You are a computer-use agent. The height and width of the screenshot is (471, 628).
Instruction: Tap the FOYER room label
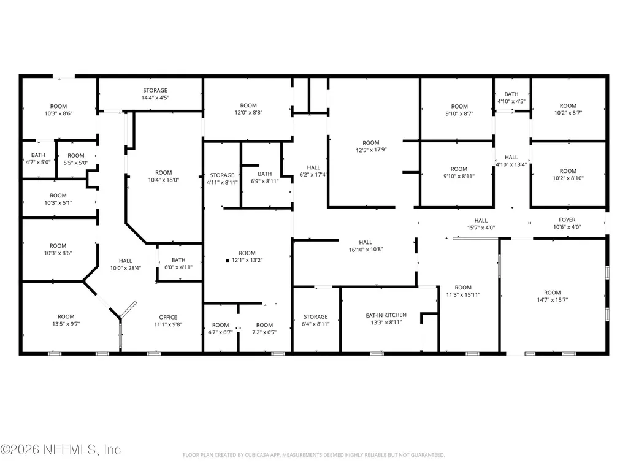pyautogui.click(x=567, y=220)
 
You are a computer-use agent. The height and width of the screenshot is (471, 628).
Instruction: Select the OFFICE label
pyautogui.click(x=168, y=317)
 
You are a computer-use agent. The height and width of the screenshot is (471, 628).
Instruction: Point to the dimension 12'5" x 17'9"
pyautogui.click(x=371, y=150)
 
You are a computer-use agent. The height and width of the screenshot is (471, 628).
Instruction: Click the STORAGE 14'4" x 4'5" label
pyautogui.click(x=155, y=94)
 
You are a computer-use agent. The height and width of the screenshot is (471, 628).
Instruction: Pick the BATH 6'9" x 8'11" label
pyautogui.click(x=265, y=177)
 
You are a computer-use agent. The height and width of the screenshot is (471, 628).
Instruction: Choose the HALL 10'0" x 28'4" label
pyautogui.click(x=125, y=264)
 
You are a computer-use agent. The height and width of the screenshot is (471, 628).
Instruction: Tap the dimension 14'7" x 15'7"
pyautogui.click(x=553, y=299)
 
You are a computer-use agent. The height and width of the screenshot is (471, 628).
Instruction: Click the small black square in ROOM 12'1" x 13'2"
pyautogui.click(x=228, y=261)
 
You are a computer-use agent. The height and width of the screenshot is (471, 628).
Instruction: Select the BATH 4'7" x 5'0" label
pyautogui.click(x=38, y=159)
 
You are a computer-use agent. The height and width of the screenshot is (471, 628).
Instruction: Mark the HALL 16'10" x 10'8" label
pyautogui.click(x=366, y=246)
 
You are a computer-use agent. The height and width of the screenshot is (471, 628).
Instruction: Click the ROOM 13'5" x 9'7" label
pyautogui.click(x=66, y=320)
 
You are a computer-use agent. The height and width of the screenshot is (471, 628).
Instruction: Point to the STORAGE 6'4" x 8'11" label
pyautogui.click(x=316, y=320)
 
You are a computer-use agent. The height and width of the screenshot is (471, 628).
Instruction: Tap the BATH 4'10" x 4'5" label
pyautogui.click(x=511, y=98)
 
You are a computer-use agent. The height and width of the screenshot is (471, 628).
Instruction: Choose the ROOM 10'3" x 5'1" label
pyautogui.click(x=58, y=199)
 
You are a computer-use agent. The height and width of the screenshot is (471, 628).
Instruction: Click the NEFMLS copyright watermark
pyautogui.click(x=61, y=450)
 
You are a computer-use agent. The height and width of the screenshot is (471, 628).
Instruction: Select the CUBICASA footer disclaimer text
pyautogui.click(x=313, y=455)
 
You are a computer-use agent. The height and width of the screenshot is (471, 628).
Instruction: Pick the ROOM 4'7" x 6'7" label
pyautogui.click(x=220, y=329)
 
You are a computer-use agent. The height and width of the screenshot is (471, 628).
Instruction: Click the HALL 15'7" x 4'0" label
pyautogui.click(x=481, y=224)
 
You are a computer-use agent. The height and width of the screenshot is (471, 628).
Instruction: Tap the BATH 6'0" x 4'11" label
pyautogui.click(x=178, y=264)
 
